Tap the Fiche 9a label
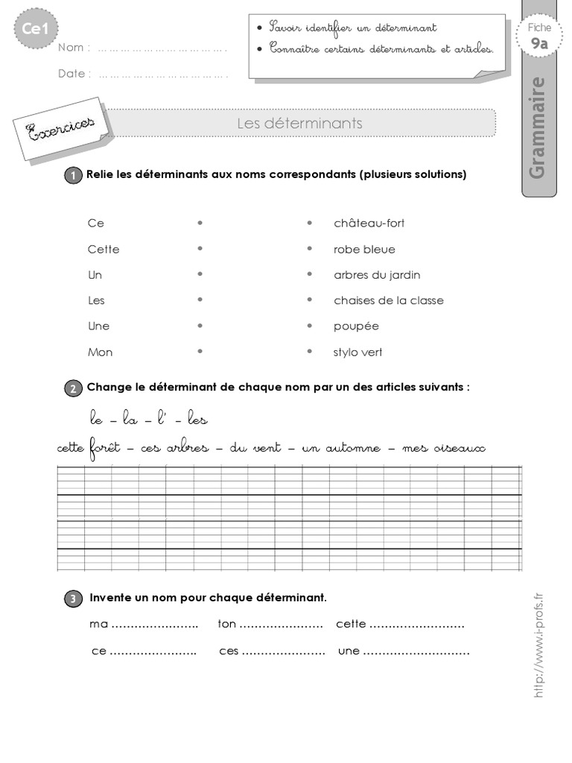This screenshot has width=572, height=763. click(539, 36)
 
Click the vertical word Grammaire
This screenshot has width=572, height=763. click(537, 127)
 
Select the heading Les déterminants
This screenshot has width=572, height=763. click(299, 123)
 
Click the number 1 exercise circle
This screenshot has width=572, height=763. click(74, 176)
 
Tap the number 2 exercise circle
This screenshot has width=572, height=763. click(74, 388)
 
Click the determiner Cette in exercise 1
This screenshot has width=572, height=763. click(104, 250)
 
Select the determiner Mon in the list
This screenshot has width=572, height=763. click(101, 352)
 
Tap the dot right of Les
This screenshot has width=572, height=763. click(200, 300)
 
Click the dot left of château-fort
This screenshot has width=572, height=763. click(309, 223)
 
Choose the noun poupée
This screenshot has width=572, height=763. click(356, 326)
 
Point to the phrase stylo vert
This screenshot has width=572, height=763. click(357, 352)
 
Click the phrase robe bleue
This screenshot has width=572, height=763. click(364, 250)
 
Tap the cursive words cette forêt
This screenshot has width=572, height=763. click(87, 449)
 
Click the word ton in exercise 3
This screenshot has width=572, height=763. click(226, 624)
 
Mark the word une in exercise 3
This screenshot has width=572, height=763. click(349, 651)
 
